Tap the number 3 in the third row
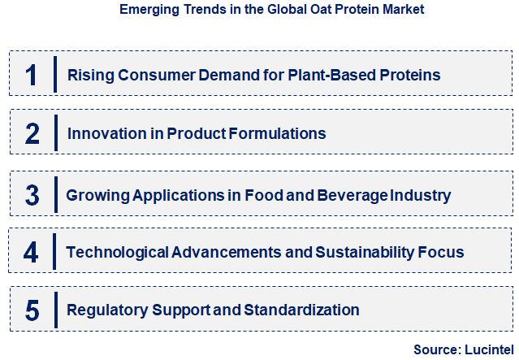point(32,195)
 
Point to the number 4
point(31,252)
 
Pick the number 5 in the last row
point(32,310)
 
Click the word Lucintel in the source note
point(487,349)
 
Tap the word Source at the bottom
point(435,349)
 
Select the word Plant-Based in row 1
point(329,76)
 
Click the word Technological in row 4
point(117,252)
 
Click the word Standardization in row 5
point(303,310)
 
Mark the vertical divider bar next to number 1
point(54,75)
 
